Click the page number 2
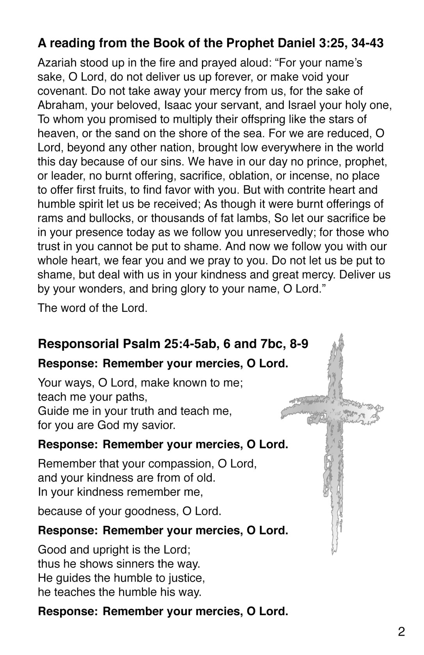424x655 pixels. click(401, 631)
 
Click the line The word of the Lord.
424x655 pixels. click(93, 308)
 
